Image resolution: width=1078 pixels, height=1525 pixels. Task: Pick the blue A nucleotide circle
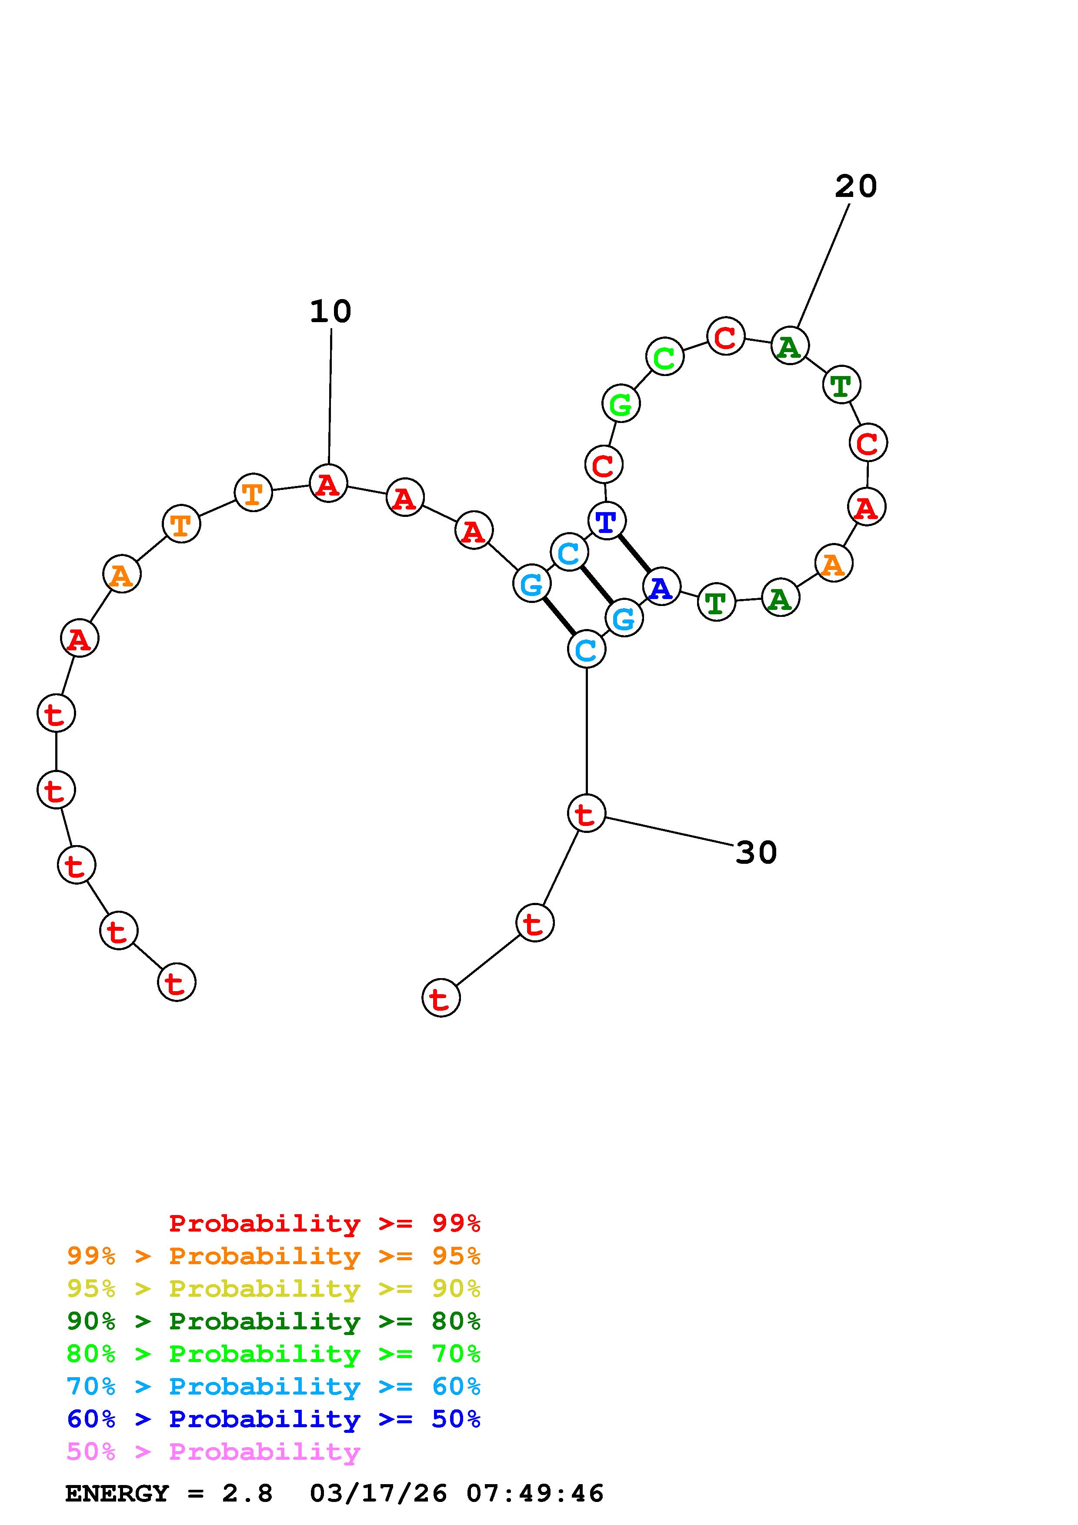661,586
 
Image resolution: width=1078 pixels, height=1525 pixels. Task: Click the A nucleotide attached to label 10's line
328,483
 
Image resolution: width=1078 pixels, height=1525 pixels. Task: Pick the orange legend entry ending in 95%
273,1256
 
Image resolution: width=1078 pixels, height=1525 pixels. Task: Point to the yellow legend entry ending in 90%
273,1289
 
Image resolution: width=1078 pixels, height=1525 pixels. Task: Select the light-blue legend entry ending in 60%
273,1386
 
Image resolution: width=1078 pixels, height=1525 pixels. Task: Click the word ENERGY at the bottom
117,1493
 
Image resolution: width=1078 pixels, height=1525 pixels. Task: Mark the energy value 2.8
247,1493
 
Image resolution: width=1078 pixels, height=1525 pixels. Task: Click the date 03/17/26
378,1493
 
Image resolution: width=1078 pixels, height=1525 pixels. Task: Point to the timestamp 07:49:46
535,1493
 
